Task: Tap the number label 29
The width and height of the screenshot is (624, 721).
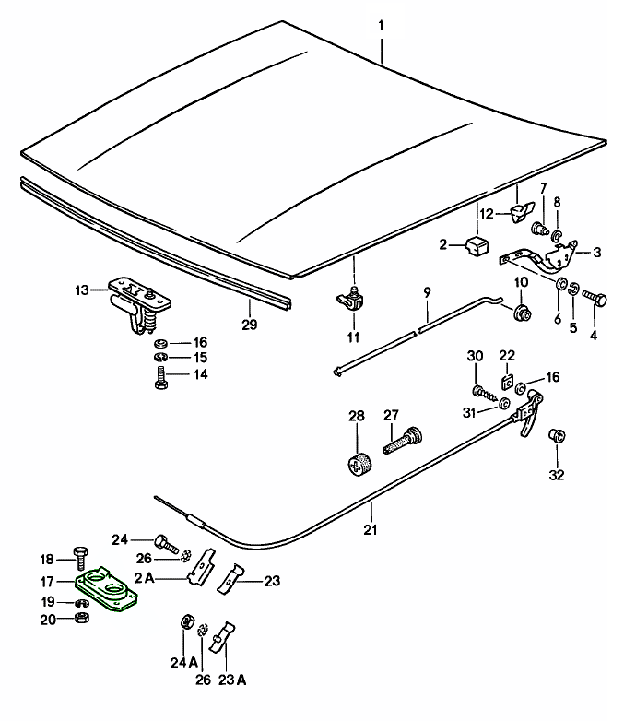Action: pyautogui.click(x=250, y=325)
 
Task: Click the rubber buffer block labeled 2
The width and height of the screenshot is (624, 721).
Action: pyautogui.click(x=477, y=246)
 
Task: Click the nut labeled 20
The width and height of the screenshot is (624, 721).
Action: pyautogui.click(x=81, y=618)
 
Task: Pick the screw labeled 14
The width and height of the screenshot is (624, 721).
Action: pyautogui.click(x=159, y=377)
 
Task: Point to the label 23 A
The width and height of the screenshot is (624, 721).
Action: pyautogui.click(x=232, y=681)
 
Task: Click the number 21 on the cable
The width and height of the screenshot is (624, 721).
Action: pyautogui.click(x=371, y=529)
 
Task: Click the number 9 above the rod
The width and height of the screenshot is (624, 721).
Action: pyautogui.click(x=428, y=293)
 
